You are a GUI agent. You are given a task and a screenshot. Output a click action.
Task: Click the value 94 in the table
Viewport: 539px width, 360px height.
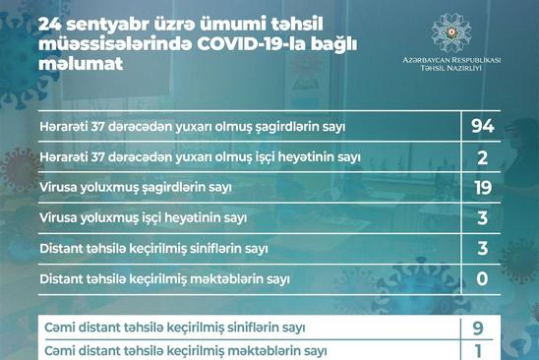click(483, 126)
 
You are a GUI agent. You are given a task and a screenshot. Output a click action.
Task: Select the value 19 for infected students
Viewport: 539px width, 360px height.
click(483, 188)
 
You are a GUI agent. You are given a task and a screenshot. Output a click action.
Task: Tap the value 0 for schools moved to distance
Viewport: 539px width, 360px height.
click(482, 279)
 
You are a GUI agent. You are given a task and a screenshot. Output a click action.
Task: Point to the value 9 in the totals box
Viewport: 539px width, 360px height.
click(478, 328)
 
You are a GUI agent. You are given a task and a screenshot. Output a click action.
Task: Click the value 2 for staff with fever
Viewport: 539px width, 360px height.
click(482, 157)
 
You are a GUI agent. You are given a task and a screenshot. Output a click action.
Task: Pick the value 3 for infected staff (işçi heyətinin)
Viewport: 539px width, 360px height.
click(482, 218)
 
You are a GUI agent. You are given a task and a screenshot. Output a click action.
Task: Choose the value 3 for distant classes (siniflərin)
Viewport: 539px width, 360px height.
click(482, 248)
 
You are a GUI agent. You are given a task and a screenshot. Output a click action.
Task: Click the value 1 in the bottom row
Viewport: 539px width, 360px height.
click(478, 351)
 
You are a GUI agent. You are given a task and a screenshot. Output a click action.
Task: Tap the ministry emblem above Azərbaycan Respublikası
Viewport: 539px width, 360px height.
click(451, 33)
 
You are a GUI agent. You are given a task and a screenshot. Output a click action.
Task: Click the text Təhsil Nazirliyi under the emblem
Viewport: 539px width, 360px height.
click(451, 68)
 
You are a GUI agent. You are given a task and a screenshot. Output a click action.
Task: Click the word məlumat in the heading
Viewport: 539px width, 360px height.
click(81, 64)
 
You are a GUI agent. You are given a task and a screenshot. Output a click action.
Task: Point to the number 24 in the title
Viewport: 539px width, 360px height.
click(49, 25)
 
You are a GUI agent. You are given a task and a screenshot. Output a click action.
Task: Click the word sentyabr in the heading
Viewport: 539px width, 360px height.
click(107, 26)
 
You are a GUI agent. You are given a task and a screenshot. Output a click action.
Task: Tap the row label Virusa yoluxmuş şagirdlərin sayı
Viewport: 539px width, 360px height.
click(136, 188)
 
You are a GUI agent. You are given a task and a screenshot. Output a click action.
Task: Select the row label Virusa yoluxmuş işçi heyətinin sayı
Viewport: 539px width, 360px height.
click(144, 218)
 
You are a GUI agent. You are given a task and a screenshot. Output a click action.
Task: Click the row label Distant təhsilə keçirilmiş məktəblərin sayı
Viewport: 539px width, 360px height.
click(165, 279)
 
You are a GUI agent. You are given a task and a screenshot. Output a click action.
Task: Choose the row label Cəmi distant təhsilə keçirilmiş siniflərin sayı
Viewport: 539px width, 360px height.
click(175, 328)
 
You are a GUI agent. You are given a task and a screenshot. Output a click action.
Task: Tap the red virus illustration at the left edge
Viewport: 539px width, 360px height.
click(19, 169)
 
